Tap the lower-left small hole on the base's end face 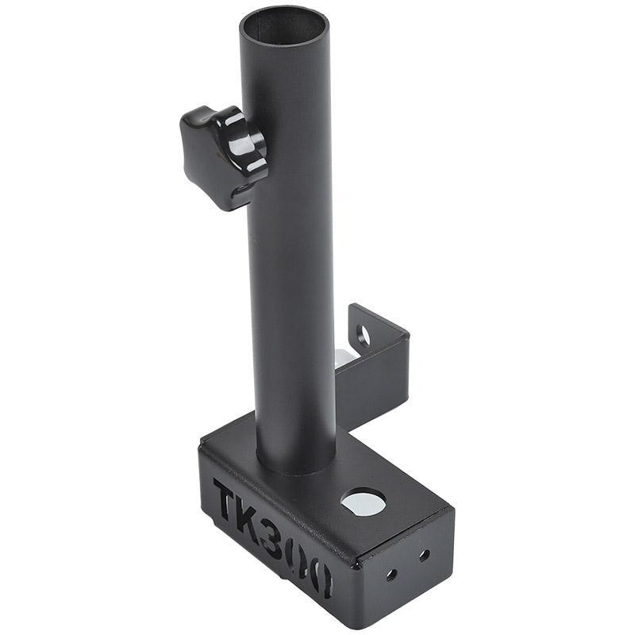(391, 575)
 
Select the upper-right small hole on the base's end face (424, 556)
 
